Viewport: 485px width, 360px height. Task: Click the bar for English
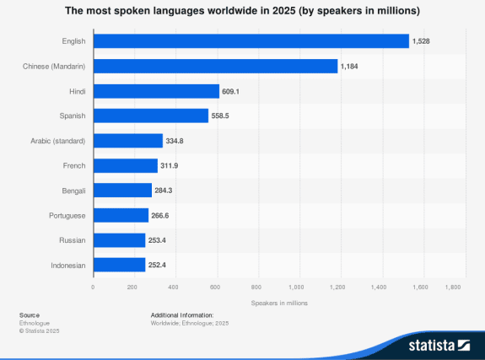251,40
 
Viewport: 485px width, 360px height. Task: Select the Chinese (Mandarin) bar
215,66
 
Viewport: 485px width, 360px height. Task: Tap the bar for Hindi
156,91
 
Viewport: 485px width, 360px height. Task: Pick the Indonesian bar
119,265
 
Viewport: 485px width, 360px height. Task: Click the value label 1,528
422,40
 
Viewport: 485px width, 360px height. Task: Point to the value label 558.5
222,116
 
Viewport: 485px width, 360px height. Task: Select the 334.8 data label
176,141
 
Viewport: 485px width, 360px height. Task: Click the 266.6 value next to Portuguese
162,216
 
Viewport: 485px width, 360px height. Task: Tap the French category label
74,165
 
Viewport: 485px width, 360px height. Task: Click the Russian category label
73,240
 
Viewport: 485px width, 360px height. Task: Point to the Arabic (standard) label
58,141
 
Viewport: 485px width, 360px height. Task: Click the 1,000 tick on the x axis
299,287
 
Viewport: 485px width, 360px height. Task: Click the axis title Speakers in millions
279,303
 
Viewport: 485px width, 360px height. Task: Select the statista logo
438,344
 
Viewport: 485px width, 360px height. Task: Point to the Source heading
30,314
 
